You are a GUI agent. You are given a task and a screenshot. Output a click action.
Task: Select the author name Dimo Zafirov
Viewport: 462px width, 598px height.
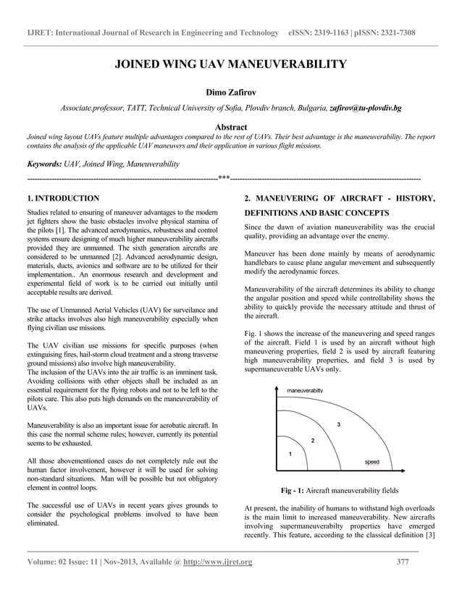231,93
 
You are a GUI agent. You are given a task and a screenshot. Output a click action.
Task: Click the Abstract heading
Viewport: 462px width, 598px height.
231,127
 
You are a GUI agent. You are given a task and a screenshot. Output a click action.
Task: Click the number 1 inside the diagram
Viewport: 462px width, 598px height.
290,454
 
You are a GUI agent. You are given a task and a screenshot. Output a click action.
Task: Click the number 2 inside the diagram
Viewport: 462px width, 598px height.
312,440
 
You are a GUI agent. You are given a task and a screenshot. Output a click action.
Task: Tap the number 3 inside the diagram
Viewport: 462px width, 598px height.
338,424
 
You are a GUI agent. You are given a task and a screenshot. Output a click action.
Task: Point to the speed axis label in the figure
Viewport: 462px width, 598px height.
371,461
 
